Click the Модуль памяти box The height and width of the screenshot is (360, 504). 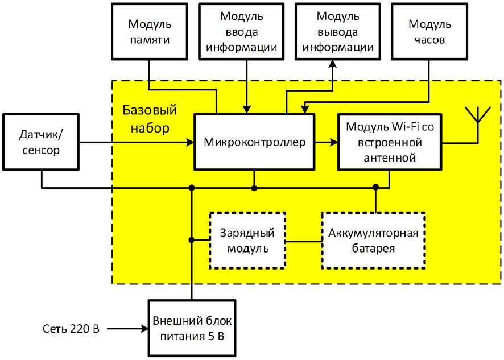[x=149, y=32]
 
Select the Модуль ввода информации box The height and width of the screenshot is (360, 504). [x=245, y=32]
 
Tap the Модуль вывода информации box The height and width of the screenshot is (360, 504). [x=338, y=32]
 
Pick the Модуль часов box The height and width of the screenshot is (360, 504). [x=430, y=32]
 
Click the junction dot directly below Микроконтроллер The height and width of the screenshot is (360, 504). [x=254, y=188]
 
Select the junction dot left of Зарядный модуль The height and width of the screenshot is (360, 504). [x=192, y=241]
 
